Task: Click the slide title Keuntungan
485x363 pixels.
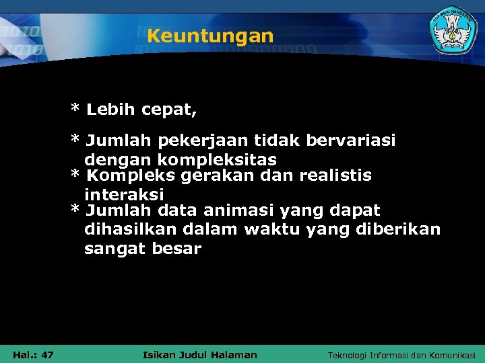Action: click(210, 36)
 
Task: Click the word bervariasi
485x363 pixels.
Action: click(351, 141)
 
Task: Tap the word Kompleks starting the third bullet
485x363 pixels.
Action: click(123, 176)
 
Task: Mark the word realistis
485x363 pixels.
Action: click(335, 176)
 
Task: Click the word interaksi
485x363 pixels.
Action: click(124, 194)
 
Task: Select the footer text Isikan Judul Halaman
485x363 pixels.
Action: click(201, 355)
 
